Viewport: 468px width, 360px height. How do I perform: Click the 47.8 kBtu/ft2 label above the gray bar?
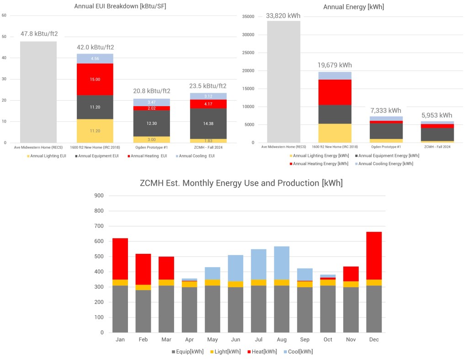[x=39, y=34]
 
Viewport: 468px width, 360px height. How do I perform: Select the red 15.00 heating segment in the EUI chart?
[x=95, y=79]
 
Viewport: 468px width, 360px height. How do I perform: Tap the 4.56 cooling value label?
[x=95, y=59]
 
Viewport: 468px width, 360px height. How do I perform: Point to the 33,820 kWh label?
[x=283, y=16]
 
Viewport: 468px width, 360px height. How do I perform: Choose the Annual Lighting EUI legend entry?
[x=46, y=156]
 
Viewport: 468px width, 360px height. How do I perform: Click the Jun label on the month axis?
[x=236, y=340]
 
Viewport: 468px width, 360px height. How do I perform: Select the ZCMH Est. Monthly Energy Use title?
[x=241, y=183]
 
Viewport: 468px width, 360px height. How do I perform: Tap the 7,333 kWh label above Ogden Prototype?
[x=386, y=111]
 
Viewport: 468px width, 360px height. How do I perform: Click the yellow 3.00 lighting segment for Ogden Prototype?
[x=151, y=140]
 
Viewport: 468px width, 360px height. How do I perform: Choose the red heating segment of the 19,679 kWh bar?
[x=335, y=92]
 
